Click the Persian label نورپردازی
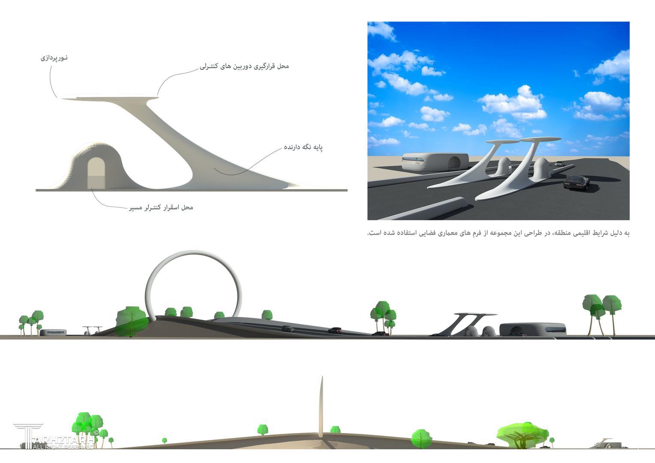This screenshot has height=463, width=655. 54,57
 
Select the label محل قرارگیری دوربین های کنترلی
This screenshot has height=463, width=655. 244,66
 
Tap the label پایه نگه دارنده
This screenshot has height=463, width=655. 303,147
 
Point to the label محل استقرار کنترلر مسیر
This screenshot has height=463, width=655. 161,207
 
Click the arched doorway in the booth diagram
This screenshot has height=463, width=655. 96,173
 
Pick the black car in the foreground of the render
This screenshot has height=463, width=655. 577,183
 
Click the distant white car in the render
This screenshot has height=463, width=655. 559,164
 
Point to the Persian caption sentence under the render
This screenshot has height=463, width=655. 498,233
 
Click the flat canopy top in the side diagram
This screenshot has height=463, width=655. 110,98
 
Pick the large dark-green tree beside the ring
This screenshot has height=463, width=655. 132,322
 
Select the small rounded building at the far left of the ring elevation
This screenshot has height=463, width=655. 53,332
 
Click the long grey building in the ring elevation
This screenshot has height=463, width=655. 533,329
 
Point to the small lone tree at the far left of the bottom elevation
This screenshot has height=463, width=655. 164,441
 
